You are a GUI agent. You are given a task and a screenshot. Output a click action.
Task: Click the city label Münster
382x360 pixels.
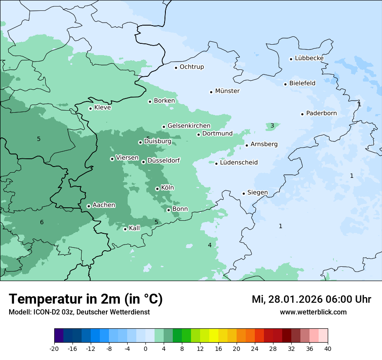click(x=227, y=91)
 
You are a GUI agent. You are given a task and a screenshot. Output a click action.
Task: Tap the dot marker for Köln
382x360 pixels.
click(x=157, y=189)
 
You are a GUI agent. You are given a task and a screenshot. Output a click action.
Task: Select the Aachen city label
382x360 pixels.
click(x=104, y=205)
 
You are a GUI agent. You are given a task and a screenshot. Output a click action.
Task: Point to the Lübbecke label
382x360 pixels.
click(x=309, y=58)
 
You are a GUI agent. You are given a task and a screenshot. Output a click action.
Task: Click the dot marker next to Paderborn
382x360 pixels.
click(x=302, y=114)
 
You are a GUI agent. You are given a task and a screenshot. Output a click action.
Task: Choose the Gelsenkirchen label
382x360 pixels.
click(x=189, y=126)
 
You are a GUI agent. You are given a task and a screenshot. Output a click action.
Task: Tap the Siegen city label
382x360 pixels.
click(x=257, y=193)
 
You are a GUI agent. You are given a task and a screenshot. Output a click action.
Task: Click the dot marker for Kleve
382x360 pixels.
click(x=90, y=108)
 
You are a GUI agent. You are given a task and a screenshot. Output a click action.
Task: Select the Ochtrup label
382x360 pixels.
click(x=191, y=67)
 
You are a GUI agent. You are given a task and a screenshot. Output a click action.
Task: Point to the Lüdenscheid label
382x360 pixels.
click(x=239, y=163)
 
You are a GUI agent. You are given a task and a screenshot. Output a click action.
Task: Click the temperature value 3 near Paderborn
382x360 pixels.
click(x=272, y=126)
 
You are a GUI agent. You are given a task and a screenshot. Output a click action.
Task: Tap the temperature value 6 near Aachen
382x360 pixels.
click(x=42, y=223)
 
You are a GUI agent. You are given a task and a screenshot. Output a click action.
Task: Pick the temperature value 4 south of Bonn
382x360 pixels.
click(x=210, y=245)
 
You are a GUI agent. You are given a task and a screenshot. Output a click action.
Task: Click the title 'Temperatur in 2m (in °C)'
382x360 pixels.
click(x=86, y=299)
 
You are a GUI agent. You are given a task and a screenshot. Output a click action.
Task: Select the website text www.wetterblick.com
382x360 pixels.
click(x=313, y=312)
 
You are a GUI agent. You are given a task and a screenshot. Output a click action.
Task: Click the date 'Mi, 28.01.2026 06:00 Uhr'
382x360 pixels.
click(x=311, y=299)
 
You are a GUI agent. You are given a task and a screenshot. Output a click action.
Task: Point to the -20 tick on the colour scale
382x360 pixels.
click(x=54, y=348)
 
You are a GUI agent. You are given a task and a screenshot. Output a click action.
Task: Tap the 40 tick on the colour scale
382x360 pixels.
click(x=328, y=348)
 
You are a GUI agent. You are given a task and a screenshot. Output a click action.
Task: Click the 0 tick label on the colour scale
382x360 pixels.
click(x=145, y=348)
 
